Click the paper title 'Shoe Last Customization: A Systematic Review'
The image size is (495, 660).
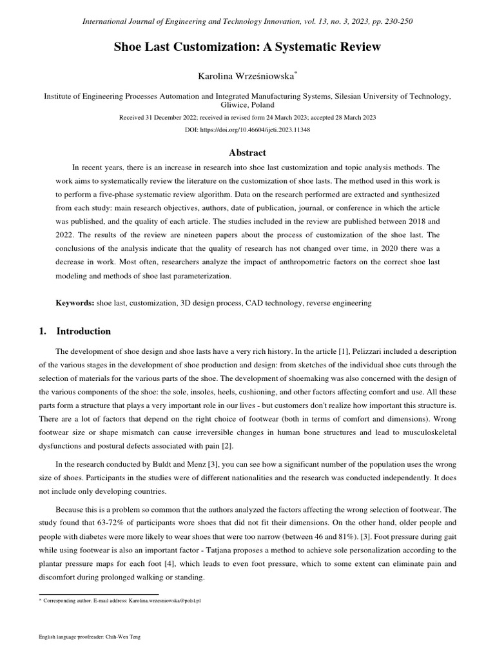point(247,47)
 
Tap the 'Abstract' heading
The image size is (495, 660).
point(247,153)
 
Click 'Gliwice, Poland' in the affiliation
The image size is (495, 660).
point(247,105)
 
